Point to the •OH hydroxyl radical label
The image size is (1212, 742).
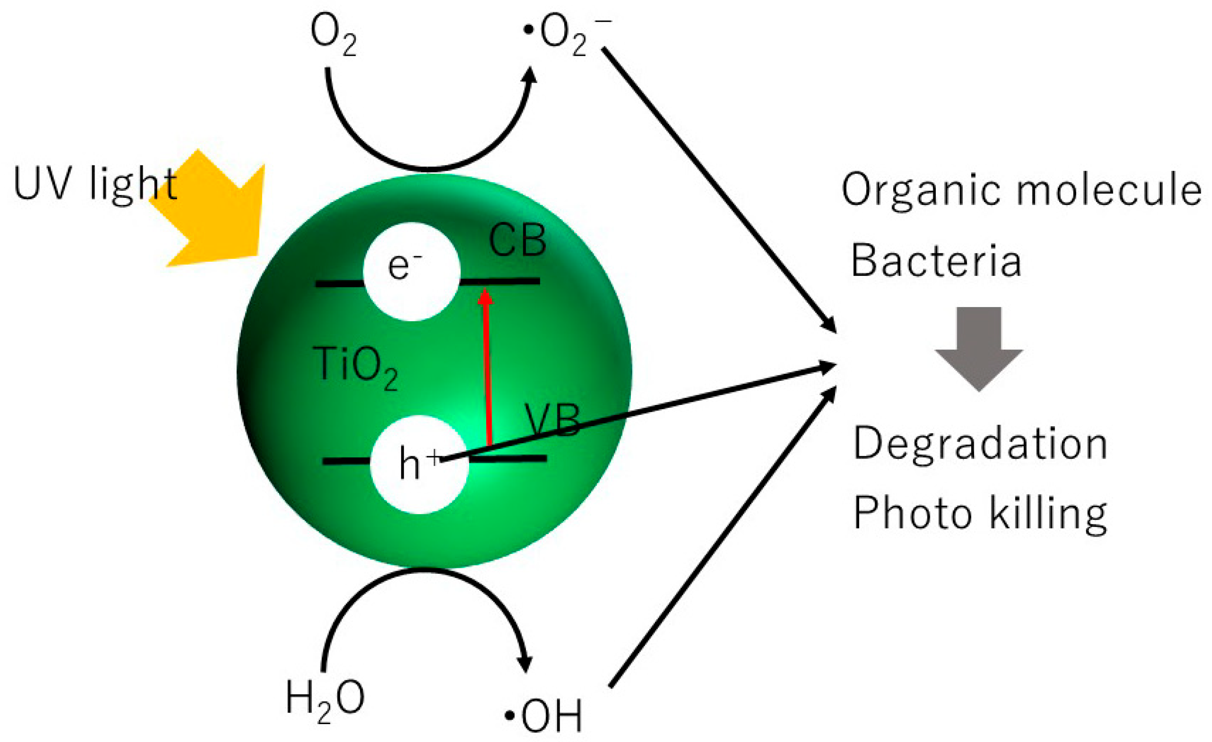(x=544, y=716)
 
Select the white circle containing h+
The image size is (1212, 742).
(x=419, y=465)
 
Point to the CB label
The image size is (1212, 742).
(x=517, y=241)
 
